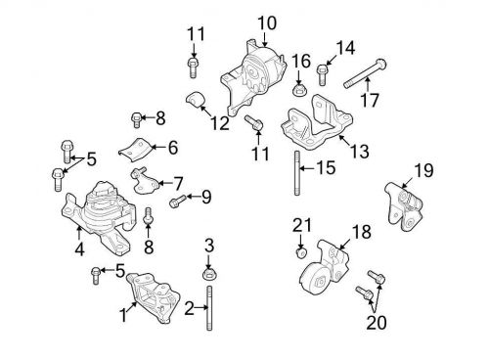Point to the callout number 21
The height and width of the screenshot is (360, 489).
point(300,227)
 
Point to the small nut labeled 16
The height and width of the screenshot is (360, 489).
point(300,89)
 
